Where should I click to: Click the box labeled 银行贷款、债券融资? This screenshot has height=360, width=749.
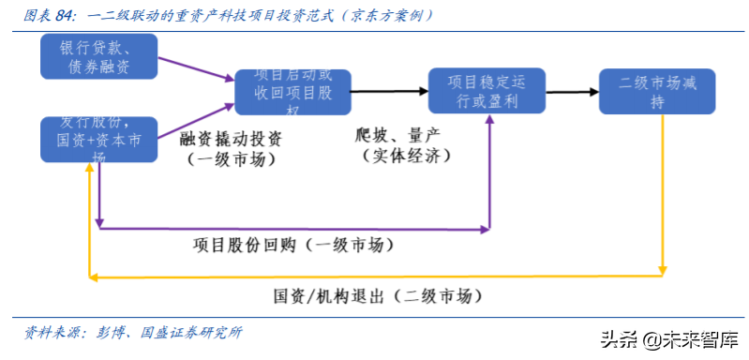click(98, 56)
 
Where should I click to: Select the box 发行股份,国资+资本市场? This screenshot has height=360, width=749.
click(98, 139)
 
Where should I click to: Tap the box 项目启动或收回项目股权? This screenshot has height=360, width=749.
click(292, 92)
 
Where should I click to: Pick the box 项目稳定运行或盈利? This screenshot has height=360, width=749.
click(488, 92)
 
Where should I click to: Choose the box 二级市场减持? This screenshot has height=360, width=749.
click(657, 92)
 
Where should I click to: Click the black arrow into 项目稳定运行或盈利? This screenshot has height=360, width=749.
click(389, 91)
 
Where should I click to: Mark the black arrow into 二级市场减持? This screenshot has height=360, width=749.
click(573, 91)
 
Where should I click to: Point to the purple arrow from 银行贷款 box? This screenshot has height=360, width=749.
click(193, 69)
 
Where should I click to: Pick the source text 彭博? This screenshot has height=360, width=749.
click(111, 333)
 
